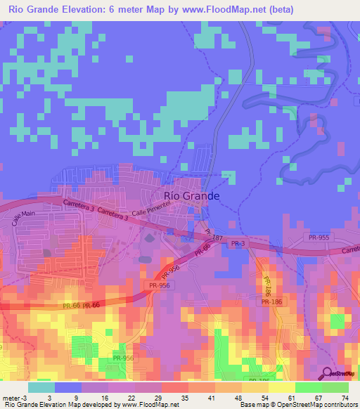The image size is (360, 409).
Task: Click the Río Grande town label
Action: coord(191,196)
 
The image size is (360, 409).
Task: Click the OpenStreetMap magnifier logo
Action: coord(327,373)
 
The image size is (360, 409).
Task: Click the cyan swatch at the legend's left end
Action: coord(41,387)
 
